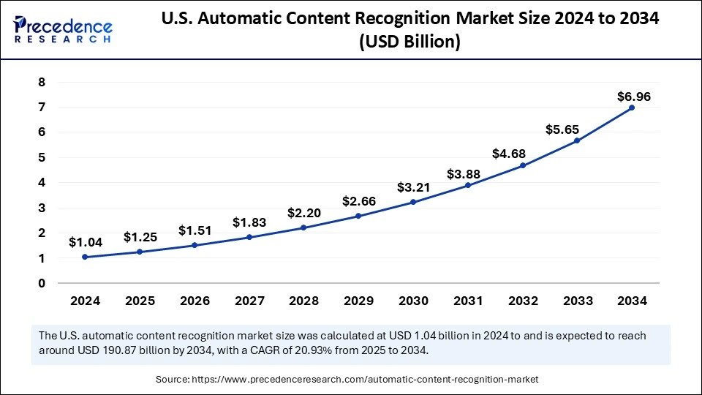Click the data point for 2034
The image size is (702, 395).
pyautogui.click(x=632, y=108)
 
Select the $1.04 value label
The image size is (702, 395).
pyautogui.click(x=85, y=241)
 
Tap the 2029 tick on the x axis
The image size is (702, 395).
pyautogui.click(x=358, y=300)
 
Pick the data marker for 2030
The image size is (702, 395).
pyautogui.click(x=413, y=202)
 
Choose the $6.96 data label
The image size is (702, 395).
pyautogui.click(x=633, y=97)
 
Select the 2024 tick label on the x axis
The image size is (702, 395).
pyautogui.click(x=85, y=300)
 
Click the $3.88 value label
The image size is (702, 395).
pyautogui.click(x=467, y=174)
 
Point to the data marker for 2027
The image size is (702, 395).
pyautogui.click(x=249, y=237)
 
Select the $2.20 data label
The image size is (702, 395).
pyautogui.click(x=303, y=213)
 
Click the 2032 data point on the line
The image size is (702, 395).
pyautogui.click(x=522, y=165)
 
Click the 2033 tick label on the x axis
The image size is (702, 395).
pyautogui.click(x=577, y=300)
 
